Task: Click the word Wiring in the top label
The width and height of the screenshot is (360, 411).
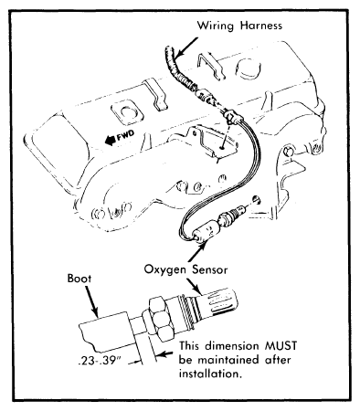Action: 216,26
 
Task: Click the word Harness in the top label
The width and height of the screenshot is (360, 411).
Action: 261,26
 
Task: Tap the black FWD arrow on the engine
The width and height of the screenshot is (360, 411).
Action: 110,140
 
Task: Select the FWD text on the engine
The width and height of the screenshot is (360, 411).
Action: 125,136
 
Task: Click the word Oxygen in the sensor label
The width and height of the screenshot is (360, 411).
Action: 164,270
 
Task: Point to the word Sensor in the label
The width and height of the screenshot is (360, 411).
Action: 210,269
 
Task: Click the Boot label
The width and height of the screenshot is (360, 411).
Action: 79,279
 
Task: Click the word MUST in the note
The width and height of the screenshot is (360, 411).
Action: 281,346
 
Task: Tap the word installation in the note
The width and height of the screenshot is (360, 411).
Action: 210,374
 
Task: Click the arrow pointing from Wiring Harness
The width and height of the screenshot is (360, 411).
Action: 186,47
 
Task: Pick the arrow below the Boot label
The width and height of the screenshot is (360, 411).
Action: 91,300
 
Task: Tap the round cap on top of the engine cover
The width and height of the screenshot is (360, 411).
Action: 249,68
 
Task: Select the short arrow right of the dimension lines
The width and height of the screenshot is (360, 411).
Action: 165,354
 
